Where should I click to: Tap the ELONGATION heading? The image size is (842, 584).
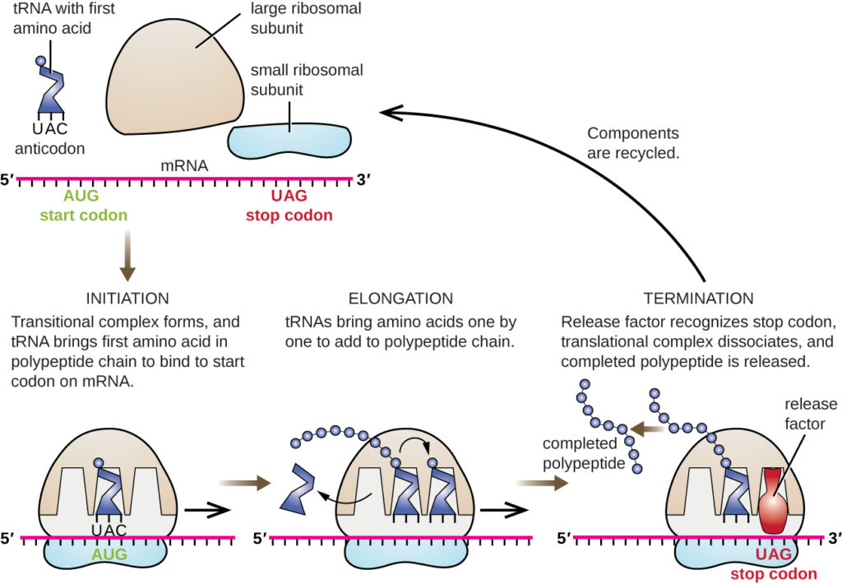point(400,299)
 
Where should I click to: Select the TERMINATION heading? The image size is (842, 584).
point(698,299)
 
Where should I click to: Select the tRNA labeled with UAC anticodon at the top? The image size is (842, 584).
point(51,90)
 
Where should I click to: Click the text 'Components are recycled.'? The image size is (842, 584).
point(632,142)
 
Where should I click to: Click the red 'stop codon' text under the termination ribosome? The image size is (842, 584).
point(773,573)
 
